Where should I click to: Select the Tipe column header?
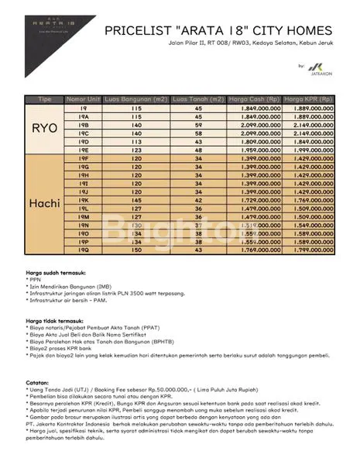pos(46,100)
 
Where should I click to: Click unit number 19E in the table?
pos(84,150)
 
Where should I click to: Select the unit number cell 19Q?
pos(84,250)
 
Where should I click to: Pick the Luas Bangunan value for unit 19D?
pos(137,141)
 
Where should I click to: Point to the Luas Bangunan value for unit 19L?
pos(137,208)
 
